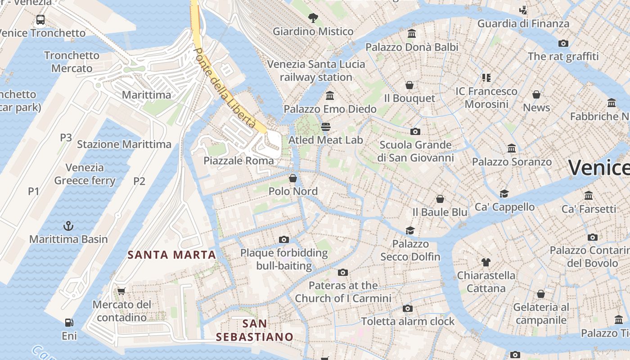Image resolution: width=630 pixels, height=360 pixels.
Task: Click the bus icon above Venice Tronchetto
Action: pos(40,19)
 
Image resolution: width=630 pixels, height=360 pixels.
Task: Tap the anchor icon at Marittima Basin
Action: pos(69,225)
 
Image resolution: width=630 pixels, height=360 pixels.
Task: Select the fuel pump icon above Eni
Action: pos(69,322)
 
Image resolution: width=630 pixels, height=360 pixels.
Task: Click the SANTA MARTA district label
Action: pos(172,255)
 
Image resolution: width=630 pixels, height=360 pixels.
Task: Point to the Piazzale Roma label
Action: pos(238,161)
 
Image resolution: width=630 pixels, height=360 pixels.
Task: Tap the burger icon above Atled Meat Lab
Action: pos(326,126)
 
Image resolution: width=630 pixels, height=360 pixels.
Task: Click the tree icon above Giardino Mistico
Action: pos(313,18)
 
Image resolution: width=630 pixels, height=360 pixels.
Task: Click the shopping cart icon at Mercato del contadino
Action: pos(121,291)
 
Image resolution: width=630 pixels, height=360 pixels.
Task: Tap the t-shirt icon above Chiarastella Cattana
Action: pos(486,262)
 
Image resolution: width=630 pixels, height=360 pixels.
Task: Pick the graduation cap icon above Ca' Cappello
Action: pos(504,193)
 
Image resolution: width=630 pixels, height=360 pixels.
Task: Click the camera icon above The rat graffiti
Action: pos(563,43)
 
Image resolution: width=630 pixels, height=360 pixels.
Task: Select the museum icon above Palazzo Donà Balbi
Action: pos(411,34)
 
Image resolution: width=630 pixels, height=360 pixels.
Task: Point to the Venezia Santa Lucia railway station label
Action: pos(316,71)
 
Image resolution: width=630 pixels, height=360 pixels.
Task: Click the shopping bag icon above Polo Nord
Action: pos(293,178)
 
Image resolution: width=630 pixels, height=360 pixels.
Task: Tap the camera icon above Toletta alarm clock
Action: pos(408,308)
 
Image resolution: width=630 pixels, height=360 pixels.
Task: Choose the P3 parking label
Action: pos(66,138)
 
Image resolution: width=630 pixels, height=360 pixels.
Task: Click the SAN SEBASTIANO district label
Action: pos(254,330)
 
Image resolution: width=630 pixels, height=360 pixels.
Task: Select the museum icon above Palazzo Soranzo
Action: pos(512,148)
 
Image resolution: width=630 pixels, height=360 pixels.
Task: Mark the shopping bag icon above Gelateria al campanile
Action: pos(541,294)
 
